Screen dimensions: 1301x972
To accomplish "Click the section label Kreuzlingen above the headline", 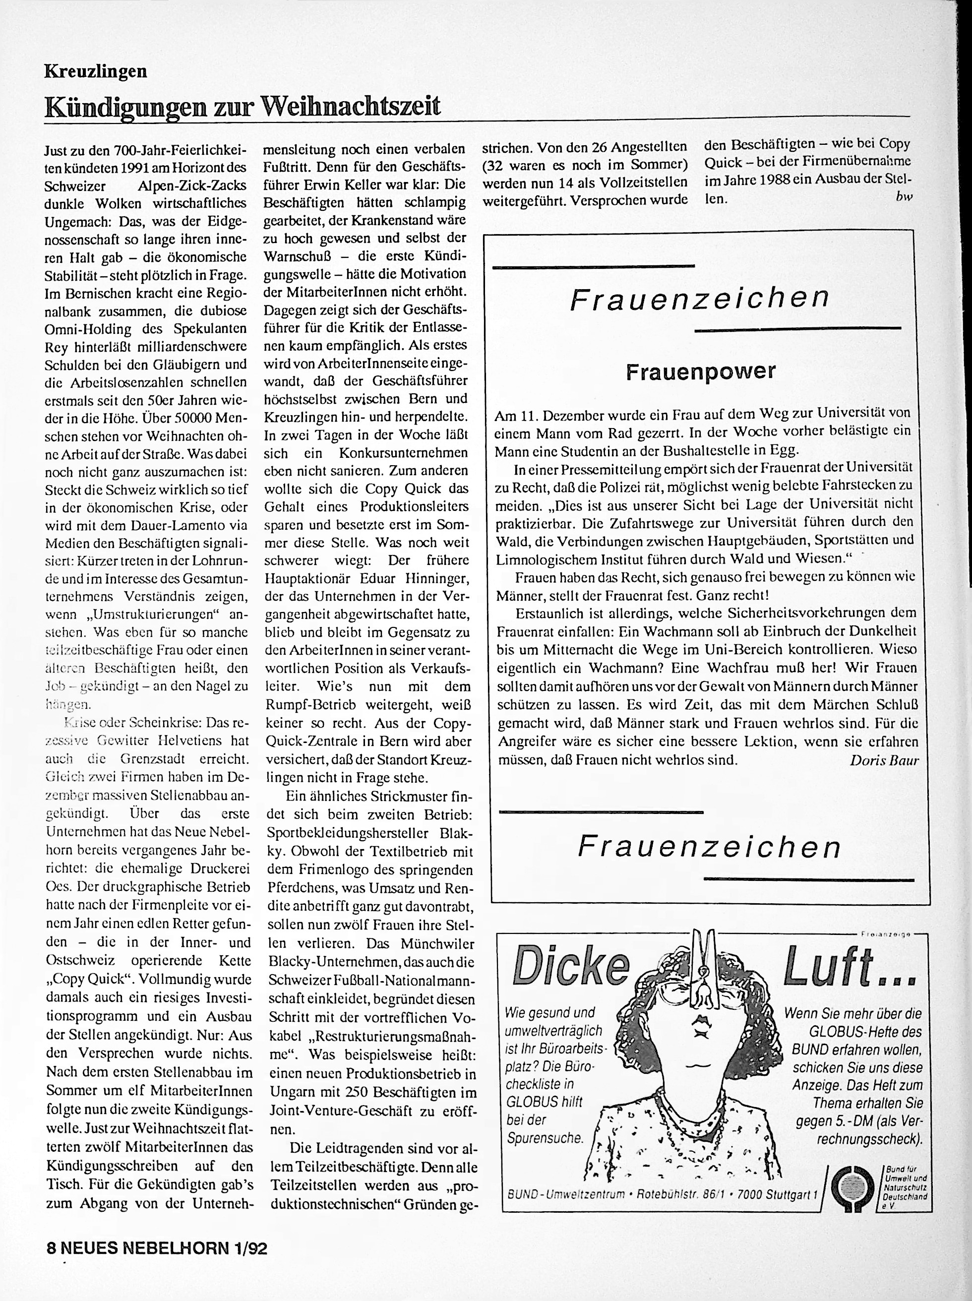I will tap(95, 72).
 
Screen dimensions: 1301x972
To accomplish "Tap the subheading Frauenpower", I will tap(700, 371).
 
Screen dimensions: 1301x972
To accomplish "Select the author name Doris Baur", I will tap(884, 760).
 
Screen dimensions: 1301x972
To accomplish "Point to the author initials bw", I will tap(904, 197).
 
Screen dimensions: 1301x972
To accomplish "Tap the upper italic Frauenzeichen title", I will tap(700, 299).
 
